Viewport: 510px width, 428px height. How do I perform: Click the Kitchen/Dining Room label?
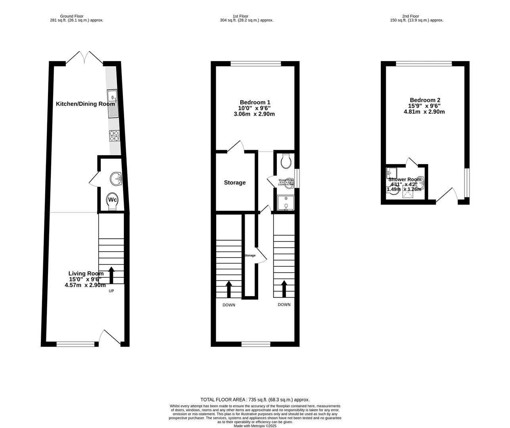(x=85, y=104)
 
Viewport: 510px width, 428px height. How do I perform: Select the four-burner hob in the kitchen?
(x=114, y=136)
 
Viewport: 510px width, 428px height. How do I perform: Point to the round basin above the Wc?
(x=117, y=179)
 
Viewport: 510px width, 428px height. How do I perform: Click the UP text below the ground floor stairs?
(x=112, y=291)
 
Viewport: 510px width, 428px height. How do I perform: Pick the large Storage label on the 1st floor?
(x=235, y=183)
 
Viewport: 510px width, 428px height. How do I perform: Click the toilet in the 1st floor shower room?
(x=285, y=161)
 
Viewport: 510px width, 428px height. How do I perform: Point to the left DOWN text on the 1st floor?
(x=229, y=305)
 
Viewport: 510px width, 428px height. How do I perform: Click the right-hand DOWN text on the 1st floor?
(x=284, y=304)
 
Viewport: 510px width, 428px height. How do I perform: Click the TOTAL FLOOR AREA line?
(x=255, y=400)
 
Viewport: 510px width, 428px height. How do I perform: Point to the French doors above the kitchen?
(x=84, y=58)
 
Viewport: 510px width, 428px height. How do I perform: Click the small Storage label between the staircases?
(x=250, y=255)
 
